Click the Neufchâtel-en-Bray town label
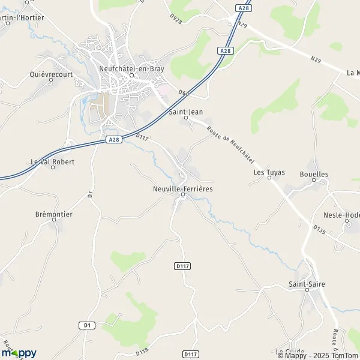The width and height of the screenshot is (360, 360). (131, 68)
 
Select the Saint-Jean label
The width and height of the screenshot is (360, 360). (185, 110)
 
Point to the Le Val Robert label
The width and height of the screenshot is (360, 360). (52, 162)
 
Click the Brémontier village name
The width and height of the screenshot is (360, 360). (53, 213)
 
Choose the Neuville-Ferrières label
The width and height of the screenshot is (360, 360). (183, 188)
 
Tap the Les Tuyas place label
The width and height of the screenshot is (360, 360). (269, 172)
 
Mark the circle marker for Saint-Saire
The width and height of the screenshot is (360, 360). (306, 290)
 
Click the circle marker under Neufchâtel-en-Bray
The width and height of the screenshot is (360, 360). (131, 76)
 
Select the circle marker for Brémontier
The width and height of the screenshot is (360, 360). (53, 220)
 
